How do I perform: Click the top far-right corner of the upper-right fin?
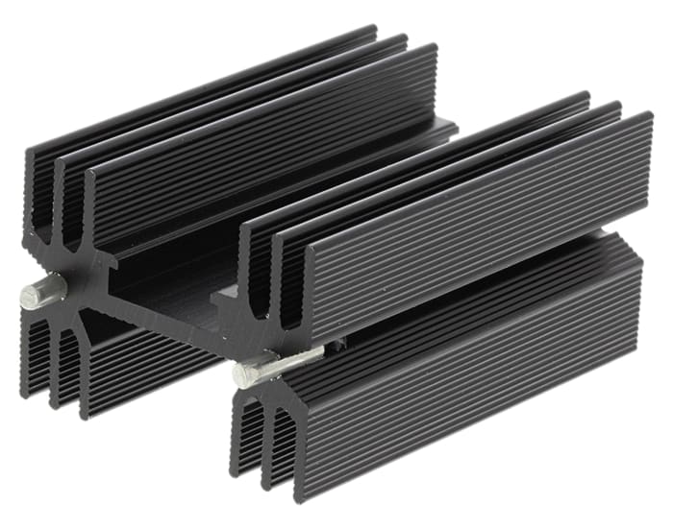tap(650, 116)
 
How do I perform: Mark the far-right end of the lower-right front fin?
tap(639, 288)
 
